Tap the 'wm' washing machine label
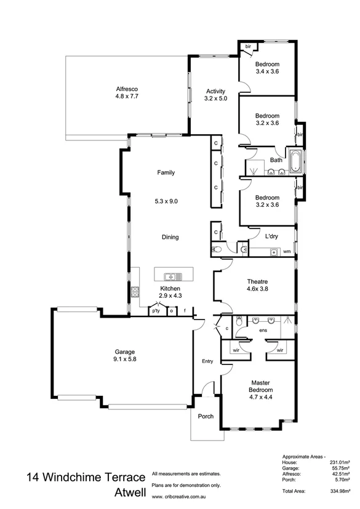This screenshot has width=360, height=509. [x=287, y=251]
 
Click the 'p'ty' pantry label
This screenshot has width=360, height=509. [x=156, y=311]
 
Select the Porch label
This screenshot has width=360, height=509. [x=206, y=416]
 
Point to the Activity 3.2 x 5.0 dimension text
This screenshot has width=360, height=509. [x=215, y=98]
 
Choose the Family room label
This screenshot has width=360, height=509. [x=166, y=173]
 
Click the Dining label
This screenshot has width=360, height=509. [x=170, y=237]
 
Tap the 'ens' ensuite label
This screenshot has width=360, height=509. [x=262, y=331]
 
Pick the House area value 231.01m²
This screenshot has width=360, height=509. [x=340, y=462]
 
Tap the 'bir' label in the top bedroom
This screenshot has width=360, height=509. [x=248, y=46]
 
